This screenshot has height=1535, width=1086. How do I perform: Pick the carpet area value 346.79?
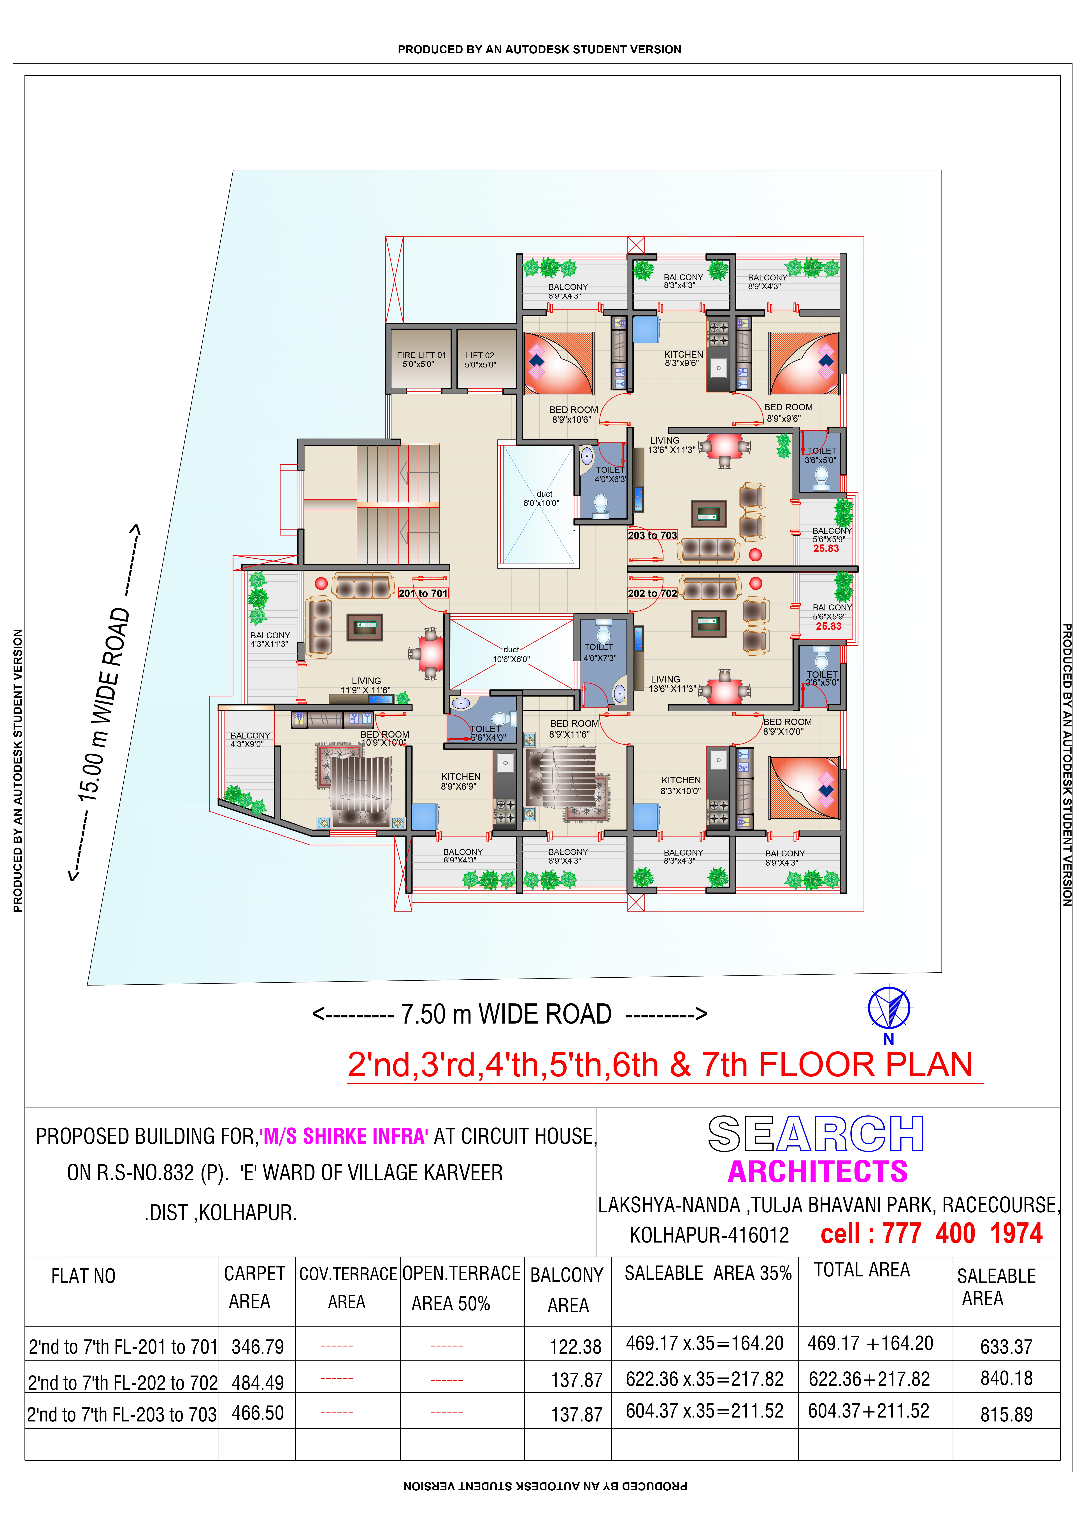coord(258,1346)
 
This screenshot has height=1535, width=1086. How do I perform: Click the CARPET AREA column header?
coord(254,1287)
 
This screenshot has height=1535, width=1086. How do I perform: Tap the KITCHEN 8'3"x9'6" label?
coord(683,359)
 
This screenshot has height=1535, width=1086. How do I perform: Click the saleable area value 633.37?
coord(1006,1346)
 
